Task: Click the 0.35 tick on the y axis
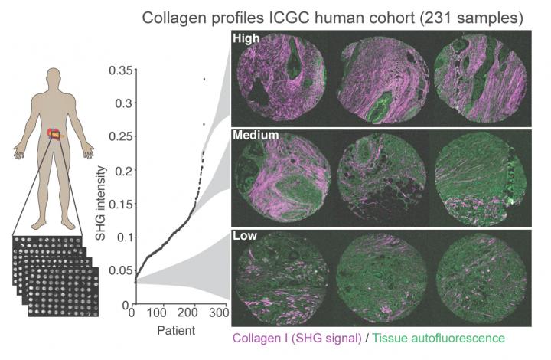(x=119, y=70)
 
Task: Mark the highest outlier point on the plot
(x=204, y=78)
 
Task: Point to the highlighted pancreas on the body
(x=54, y=136)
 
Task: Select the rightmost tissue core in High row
(x=480, y=79)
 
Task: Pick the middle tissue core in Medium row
(x=382, y=177)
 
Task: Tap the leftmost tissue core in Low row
(x=284, y=277)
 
